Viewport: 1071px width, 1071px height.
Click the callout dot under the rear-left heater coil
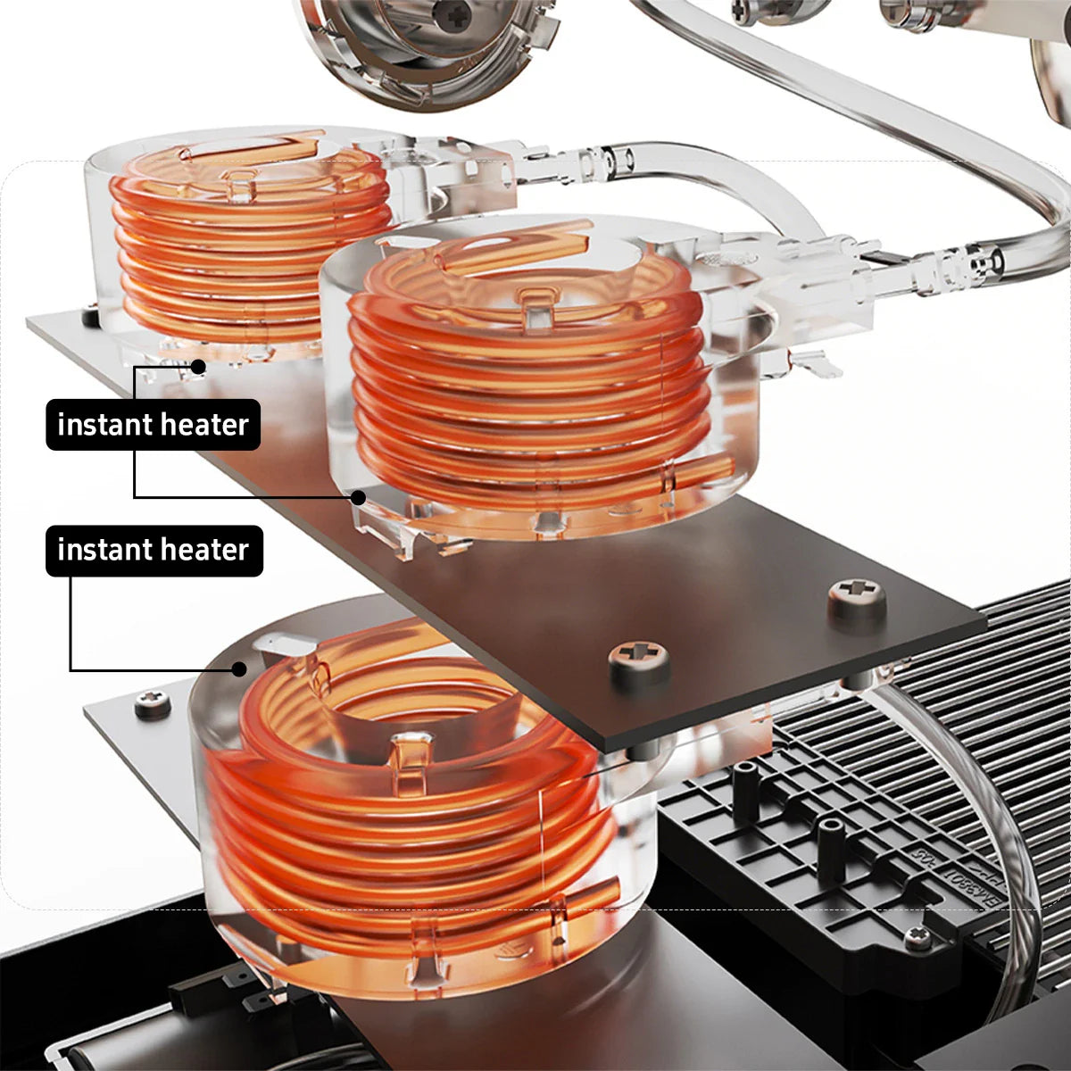[x=198, y=367]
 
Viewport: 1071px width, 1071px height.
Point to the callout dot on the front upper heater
[x=359, y=497]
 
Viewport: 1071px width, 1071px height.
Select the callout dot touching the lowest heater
[x=239, y=669]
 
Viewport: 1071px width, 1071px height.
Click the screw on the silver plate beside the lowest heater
[x=153, y=703]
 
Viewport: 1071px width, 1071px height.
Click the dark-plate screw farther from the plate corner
[x=639, y=660]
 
